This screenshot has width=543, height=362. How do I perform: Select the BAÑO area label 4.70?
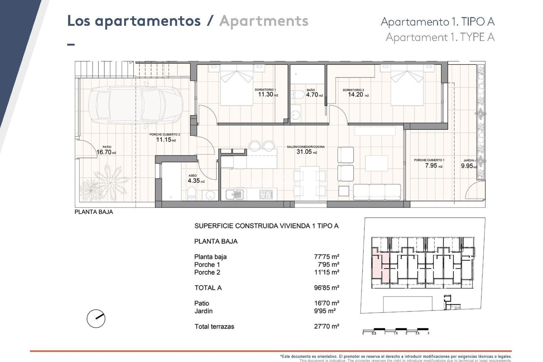tap(312, 95)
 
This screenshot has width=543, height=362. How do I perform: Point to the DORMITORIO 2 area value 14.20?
tap(355, 95)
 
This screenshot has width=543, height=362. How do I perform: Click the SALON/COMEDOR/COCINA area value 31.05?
tap(304, 152)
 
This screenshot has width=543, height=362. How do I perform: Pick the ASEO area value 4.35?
tap(194, 180)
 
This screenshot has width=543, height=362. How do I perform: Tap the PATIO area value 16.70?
tap(104, 152)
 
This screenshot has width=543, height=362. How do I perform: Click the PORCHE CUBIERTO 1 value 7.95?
tap(431, 165)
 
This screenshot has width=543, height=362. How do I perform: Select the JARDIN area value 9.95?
tap(467, 166)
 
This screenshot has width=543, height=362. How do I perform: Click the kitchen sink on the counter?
tap(234, 194)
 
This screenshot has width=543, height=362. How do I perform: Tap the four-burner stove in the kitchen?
tap(266, 194)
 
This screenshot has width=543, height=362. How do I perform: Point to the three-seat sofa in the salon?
tap(377, 192)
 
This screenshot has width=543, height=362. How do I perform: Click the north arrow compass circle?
tap(96, 319)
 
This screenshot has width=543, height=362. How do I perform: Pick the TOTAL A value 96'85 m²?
tap(326, 288)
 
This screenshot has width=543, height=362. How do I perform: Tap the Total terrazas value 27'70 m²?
tap(326, 326)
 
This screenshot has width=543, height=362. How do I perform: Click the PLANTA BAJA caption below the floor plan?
tap(94, 212)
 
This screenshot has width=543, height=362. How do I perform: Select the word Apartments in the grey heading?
tap(264, 21)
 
